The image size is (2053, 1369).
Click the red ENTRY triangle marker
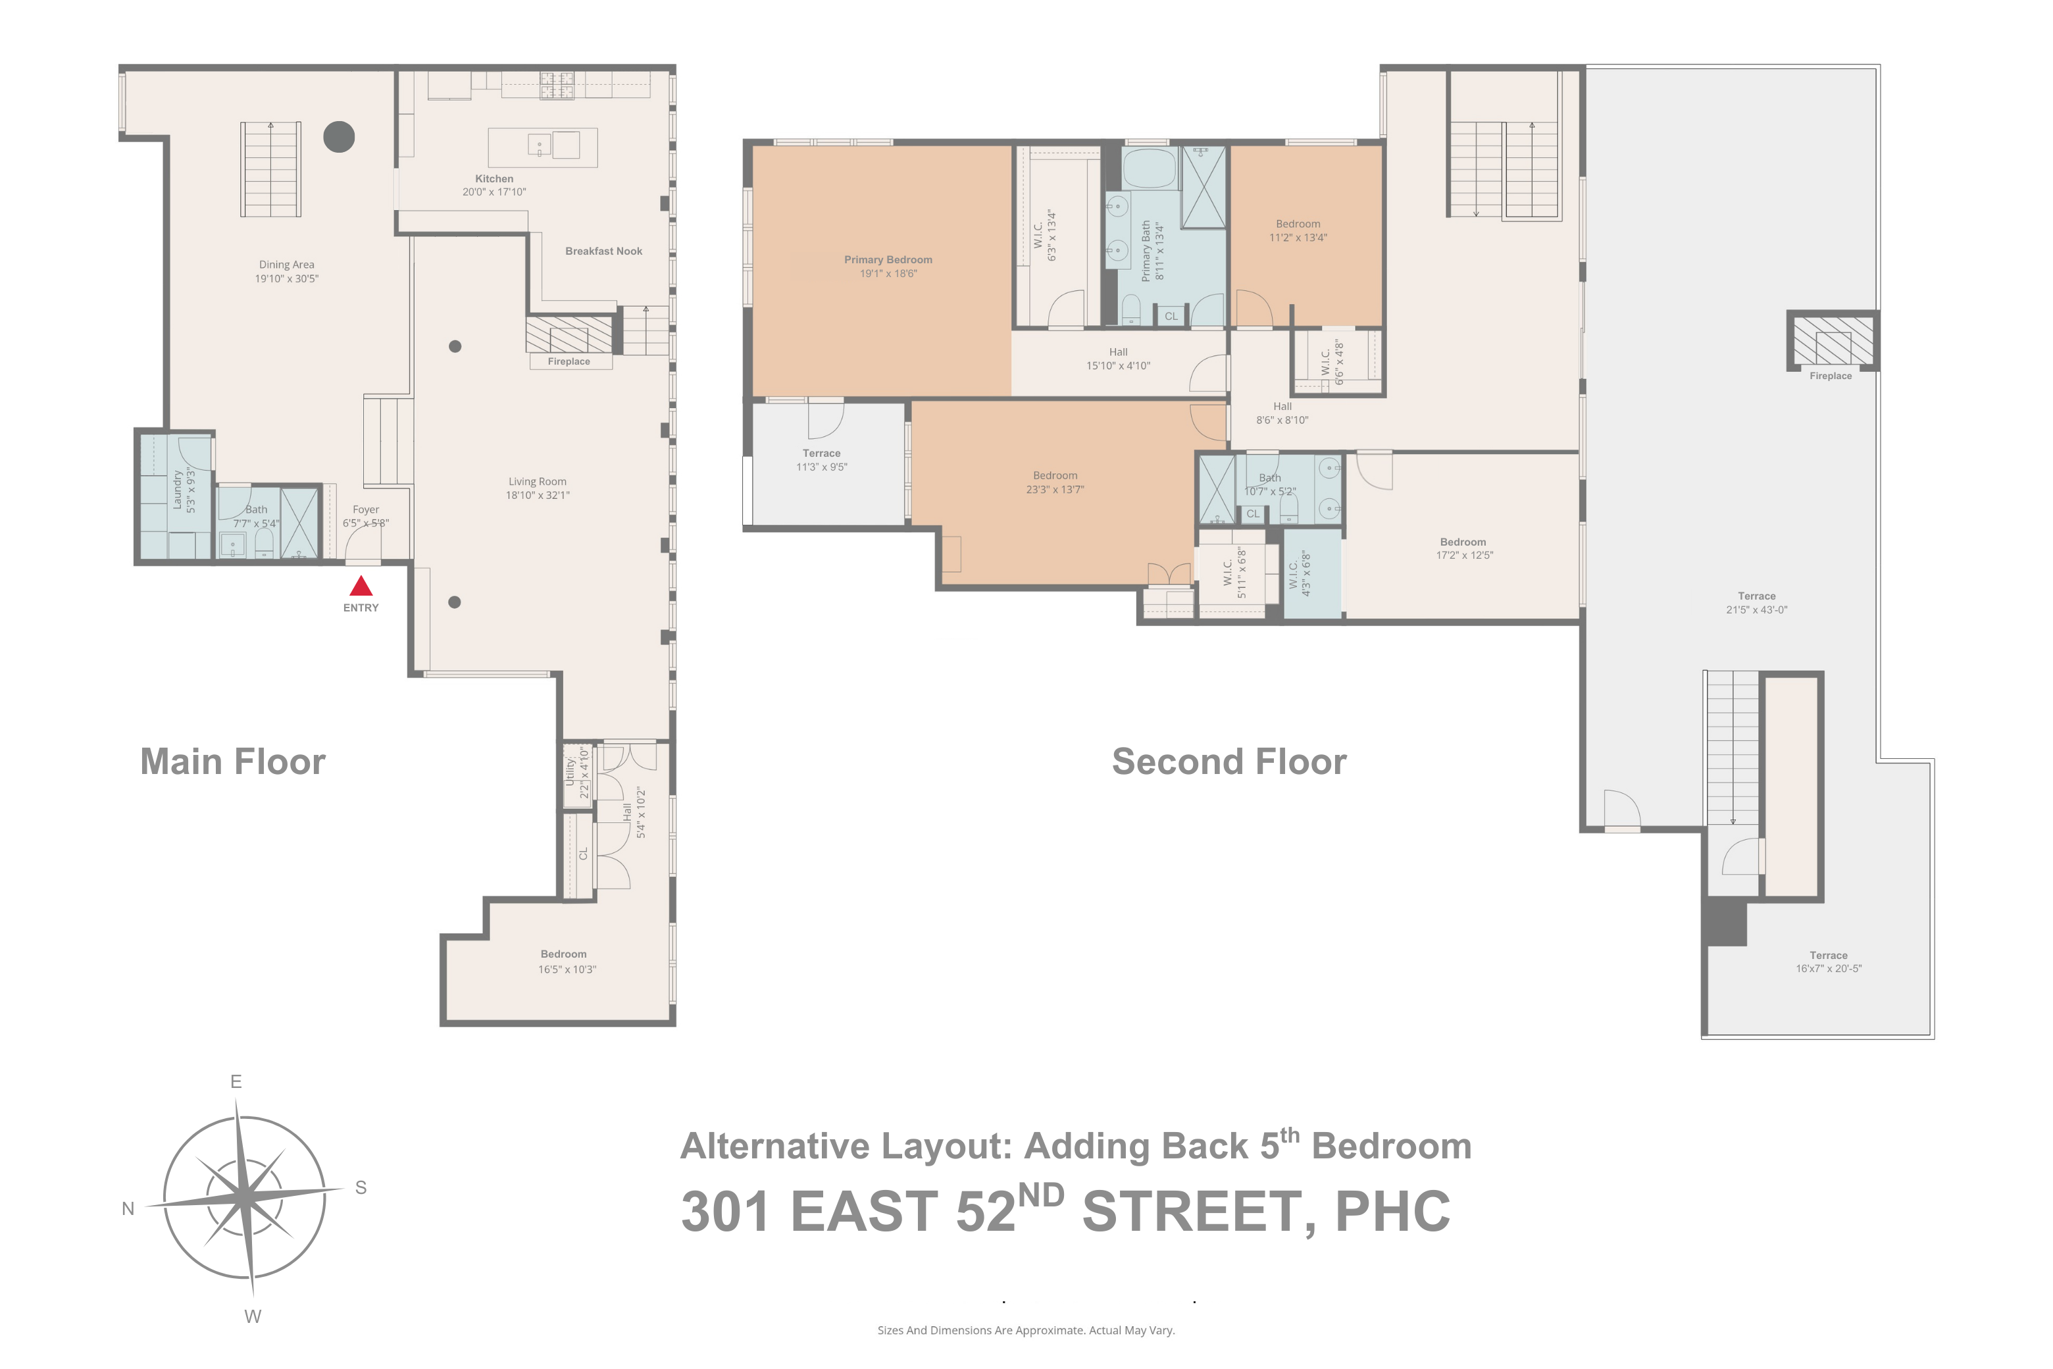tap(361, 586)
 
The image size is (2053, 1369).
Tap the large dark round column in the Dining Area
tap(339, 136)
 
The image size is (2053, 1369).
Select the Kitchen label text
tap(494, 179)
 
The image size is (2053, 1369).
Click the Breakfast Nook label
tap(603, 251)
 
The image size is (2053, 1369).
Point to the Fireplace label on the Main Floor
tap(569, 361)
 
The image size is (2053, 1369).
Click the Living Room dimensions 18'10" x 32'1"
tap(537, 496)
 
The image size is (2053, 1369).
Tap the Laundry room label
tap(177, 489)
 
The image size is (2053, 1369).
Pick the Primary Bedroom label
tap(888, 260)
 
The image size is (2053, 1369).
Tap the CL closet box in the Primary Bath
tap(1171, 316)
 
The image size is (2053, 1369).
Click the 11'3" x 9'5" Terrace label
tap(821, 460)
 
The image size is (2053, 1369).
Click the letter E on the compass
tap(236, 1082)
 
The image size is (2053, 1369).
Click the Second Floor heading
tap(1229, 762)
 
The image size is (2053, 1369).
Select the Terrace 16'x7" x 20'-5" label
tap(1828, 962)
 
